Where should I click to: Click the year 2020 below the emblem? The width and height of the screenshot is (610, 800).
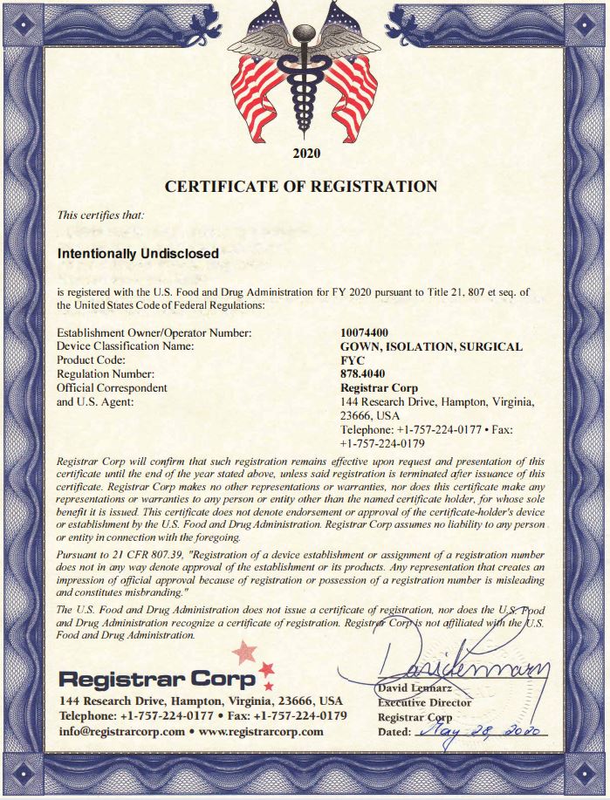click(306, 154)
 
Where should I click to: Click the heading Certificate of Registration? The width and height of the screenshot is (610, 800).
click(301, 186)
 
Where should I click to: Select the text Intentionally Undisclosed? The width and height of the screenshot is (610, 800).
click(138, 254)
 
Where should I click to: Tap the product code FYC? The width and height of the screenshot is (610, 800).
click(352, 360)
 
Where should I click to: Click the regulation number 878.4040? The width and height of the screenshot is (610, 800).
click(362, 374)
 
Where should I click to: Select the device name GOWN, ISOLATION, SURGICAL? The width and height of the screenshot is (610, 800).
click(431, 346)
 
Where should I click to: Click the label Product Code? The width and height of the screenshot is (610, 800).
click(92, 360)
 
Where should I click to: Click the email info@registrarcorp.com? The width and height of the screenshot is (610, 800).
click(121, 731)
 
